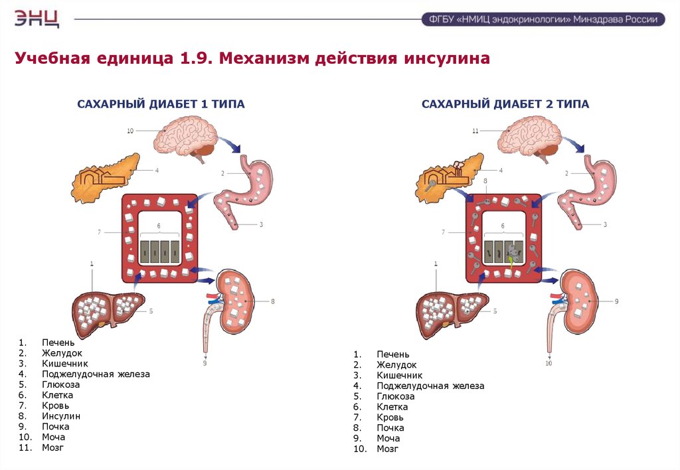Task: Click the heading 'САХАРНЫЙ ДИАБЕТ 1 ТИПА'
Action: pos(161,104)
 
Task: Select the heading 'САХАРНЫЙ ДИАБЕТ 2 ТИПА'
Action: pos(505,104)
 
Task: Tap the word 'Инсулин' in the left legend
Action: pos(61,416)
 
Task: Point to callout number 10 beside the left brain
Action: pos(130,131)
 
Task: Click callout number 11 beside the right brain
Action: pos(475,131)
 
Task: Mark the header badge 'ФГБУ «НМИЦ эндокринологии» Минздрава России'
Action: pos(543,19)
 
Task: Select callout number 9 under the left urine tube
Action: pos(205,363)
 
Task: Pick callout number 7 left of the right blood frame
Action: pos(443,232)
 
